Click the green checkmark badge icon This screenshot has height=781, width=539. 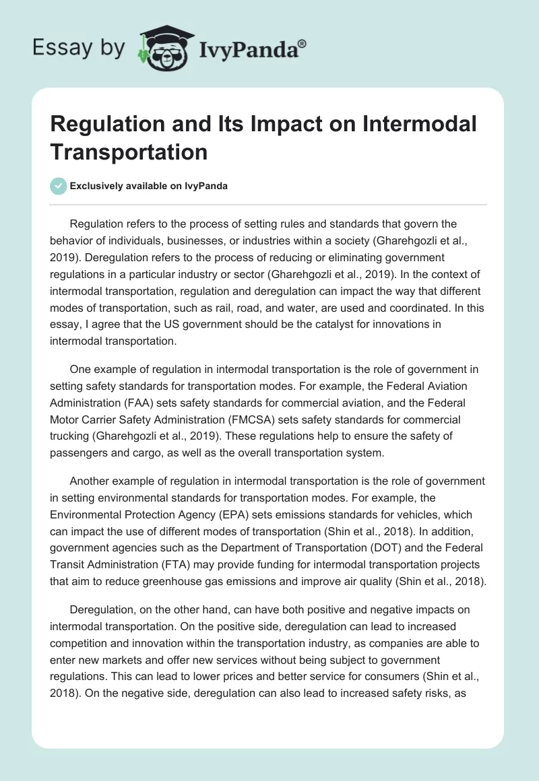(59, 186)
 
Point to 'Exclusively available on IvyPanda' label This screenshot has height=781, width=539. (148, 186)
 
